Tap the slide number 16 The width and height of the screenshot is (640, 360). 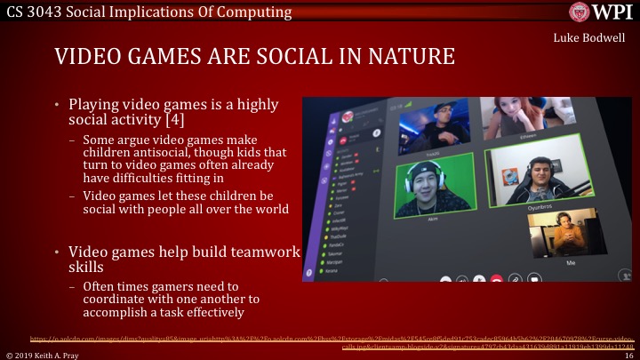[628, 355]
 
